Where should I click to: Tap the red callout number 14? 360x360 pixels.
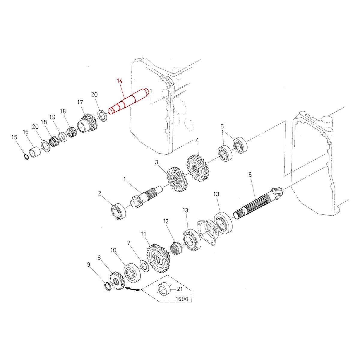[120, 81]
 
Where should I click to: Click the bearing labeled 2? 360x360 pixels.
[118, 211]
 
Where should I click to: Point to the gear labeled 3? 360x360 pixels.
[177, 180]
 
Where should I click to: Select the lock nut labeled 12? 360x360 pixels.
[175, 248]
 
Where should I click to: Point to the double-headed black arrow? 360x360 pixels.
[133, 289]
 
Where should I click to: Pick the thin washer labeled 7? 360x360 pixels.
[145, 265]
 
